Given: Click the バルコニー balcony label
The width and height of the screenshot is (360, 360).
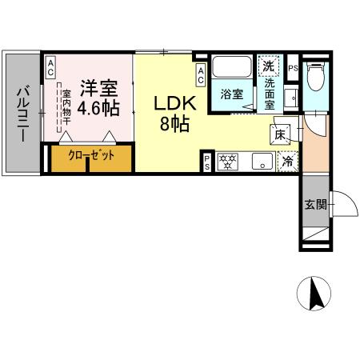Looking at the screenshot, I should click(x=22, y=112).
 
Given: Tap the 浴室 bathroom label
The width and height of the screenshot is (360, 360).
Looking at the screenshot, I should click(x=233, y=94).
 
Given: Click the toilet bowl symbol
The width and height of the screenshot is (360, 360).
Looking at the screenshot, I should click(x=315, y=78).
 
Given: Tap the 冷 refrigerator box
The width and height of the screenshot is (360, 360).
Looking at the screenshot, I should click(x=287, y=161).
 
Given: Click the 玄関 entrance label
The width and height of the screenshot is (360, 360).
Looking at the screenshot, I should click(x=314, y=205).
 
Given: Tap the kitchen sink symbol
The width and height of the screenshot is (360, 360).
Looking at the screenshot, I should click(x=261, y=162).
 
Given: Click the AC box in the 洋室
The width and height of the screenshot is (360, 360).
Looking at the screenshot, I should click(x=50, y=68).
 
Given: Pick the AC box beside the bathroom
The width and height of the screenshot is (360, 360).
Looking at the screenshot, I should click(x=201, y=75).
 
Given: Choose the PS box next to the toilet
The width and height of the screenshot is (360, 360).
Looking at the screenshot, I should click(x=293, y=69).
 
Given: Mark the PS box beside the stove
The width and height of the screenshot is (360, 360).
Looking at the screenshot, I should click(x=206, y=162).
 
